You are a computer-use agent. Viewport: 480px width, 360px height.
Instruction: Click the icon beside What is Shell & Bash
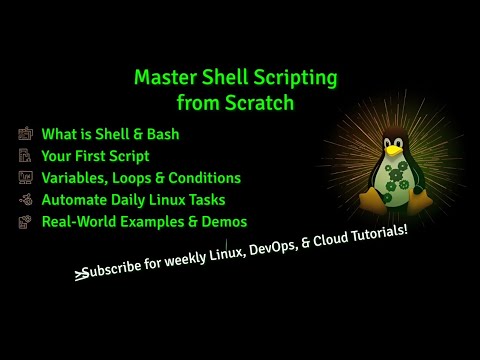(24, 133)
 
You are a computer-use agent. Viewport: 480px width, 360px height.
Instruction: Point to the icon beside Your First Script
(24, 155)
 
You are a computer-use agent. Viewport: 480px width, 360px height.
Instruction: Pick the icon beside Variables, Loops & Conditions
(24, 178)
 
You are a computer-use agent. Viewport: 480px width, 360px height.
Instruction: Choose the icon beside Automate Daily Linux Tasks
(24, 200)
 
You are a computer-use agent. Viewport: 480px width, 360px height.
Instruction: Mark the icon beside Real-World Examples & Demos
(24, 222)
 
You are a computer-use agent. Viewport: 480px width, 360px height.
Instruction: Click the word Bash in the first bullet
(164, 133)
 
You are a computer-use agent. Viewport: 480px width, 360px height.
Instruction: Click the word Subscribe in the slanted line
(116, 269)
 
